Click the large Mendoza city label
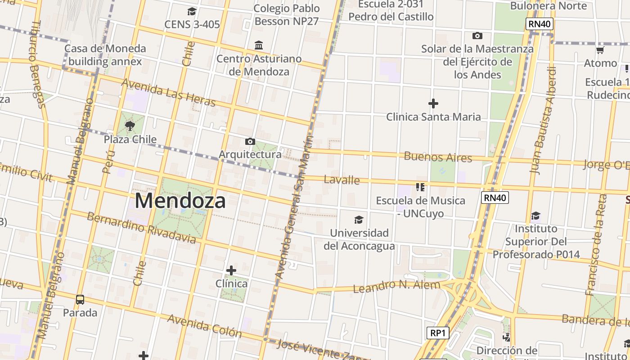pos(180,201)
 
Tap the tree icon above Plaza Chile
pos(130,126)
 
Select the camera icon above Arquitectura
pos(250,142)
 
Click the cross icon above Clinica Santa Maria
pos(433,104)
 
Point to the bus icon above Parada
pos(80,299)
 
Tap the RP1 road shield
pos(437,333)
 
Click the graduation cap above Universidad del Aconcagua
pos(359,220)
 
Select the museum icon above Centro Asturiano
pos(259,45)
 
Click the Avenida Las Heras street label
pos(168,93)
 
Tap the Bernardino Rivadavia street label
pos(141,228)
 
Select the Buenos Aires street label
pos(438,157)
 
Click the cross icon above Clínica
pos(231,270)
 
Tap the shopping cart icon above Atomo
pos(600,50)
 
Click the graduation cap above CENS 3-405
pos(192,11)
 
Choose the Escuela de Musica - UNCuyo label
pos(420,207)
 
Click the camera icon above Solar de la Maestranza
pos(477,36)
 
